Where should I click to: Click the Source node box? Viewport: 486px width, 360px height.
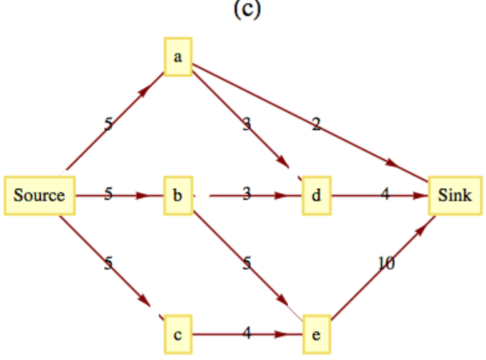pyautogui.click(x=39, y=194)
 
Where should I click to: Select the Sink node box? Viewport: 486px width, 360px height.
pyautogui.click(x=454, y=194)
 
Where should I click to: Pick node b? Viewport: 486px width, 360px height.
pyautogui.click(x=177, y=194)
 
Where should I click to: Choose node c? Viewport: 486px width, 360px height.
pyautogui.click(x=177, y=334)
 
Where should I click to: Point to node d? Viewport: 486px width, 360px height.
pyautogui.click(x=316, y=194)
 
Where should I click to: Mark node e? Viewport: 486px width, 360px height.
pyautogui.click(x=316, y=334)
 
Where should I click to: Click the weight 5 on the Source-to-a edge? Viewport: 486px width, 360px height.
pyautogui.click(x=108, y=124)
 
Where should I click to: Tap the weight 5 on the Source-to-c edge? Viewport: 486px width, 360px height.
pyautogui.click(x=108, y=263)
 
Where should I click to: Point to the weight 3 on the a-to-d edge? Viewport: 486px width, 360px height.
pyautogui.click(x=247, y=125)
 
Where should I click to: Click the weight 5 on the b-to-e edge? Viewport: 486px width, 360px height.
pyautogui.click(x=247, y=263)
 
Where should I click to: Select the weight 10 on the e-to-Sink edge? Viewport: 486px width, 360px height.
pyautogui.click(x=386, y=264)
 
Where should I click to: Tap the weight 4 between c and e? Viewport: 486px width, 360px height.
pyautogui.click(x=247, y=333)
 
